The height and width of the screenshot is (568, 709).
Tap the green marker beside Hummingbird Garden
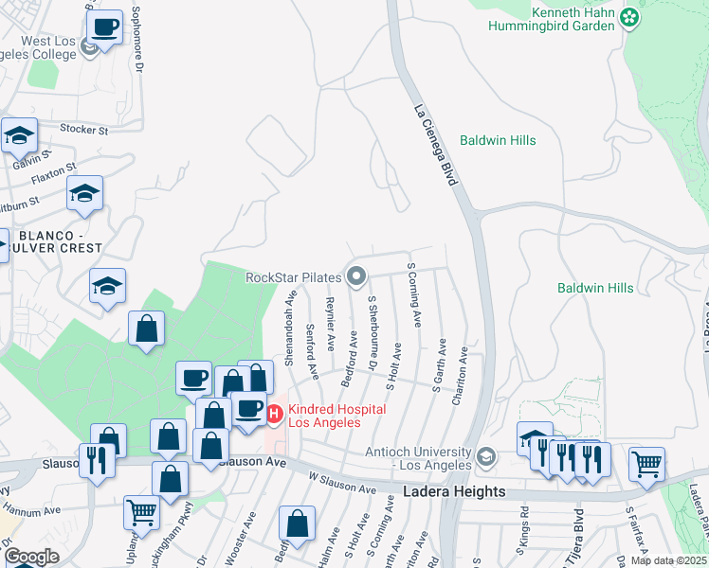coord(628,17)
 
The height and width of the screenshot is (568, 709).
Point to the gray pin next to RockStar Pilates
coord(357,276)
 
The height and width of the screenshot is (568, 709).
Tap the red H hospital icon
coord(274,414)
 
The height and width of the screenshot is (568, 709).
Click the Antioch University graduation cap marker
coord(487,456)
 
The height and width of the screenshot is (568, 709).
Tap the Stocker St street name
coord(85,128)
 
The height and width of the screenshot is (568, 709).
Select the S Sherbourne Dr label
coord(373,332)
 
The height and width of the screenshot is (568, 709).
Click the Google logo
coord(31,556)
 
